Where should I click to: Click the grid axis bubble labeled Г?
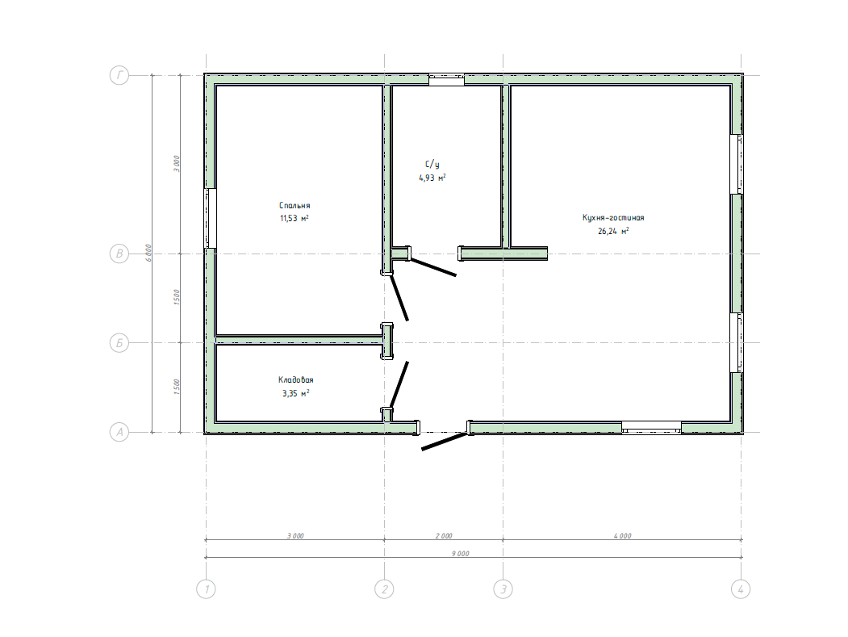[119, 75]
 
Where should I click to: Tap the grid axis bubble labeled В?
[119, 254]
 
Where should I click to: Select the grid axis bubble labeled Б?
[119, 342]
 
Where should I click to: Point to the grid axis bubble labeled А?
[119, 433]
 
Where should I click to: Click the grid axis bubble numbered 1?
[206, 589]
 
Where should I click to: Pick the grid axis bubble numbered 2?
[385, 589]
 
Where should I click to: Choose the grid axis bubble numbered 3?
[503, 589]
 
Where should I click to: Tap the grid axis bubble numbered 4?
[741, 589]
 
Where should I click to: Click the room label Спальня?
[295, 206]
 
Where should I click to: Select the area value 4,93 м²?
[432, 178]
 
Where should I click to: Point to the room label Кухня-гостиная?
[613, 217]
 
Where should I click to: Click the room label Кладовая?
[296, 380]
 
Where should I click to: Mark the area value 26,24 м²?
[613, 231]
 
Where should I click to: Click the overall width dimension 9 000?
[460, 554]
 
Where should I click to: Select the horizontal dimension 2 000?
[444, 536]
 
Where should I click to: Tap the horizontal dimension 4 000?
[622, 536]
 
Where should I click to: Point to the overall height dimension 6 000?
[148, 254]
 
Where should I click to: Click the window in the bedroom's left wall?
[211, 218]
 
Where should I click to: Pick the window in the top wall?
[447, 80]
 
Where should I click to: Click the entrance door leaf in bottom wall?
[444, 441]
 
